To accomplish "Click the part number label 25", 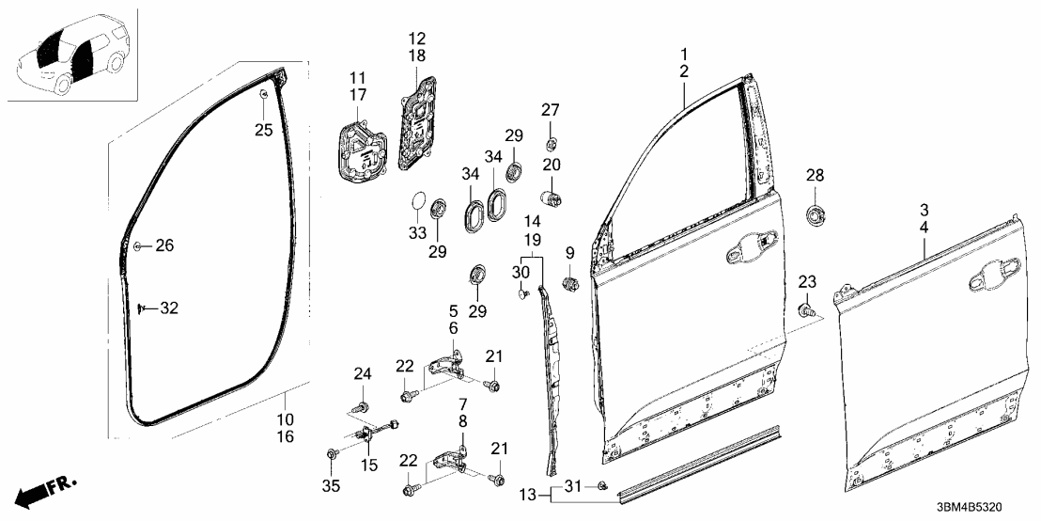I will (264, 129).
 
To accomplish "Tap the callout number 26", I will (164, 246).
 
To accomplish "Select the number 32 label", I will (168, 308).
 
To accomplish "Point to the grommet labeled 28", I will (816, 214).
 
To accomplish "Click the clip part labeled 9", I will (568, 283).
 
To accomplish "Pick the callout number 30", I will (520, 272).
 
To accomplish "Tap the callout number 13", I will (528, 495).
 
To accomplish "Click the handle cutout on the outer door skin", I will (988, 276).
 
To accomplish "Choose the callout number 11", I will (357, 77).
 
